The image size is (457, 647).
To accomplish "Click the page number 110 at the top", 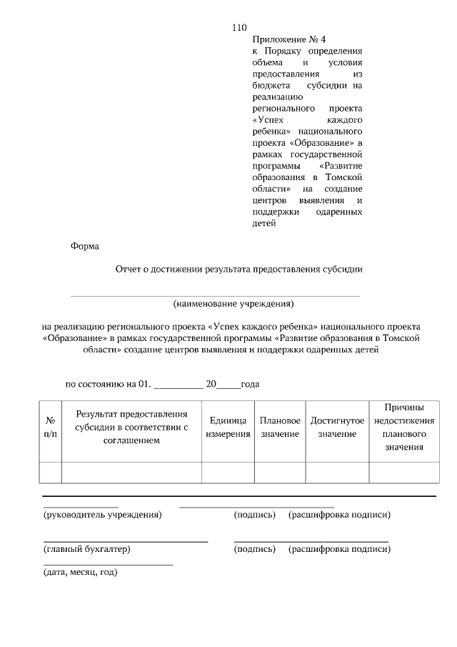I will tap(239, 27).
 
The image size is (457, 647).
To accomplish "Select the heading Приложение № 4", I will tap(283, 40).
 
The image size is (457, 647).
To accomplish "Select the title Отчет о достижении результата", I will tap(239, 270).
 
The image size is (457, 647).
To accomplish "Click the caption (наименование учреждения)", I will tap(233, 303).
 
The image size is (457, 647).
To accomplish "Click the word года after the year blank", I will tap(250, 383).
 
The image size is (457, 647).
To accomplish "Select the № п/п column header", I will tap(51, 428).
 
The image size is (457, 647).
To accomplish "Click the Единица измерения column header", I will tap(228, 428).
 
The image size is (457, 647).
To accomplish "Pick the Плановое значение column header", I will tap(280, 428).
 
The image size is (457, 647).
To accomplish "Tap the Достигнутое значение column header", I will tap(337, 428).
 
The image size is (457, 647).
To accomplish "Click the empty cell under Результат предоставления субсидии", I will tap(131, 473).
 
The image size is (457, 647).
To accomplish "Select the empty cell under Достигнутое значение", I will tap(337, 473).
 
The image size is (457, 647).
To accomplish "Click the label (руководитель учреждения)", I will tap(102, 515).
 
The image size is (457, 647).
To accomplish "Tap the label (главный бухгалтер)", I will tap(87, 549).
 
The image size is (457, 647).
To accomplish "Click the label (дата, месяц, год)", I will tap(81, 572).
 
